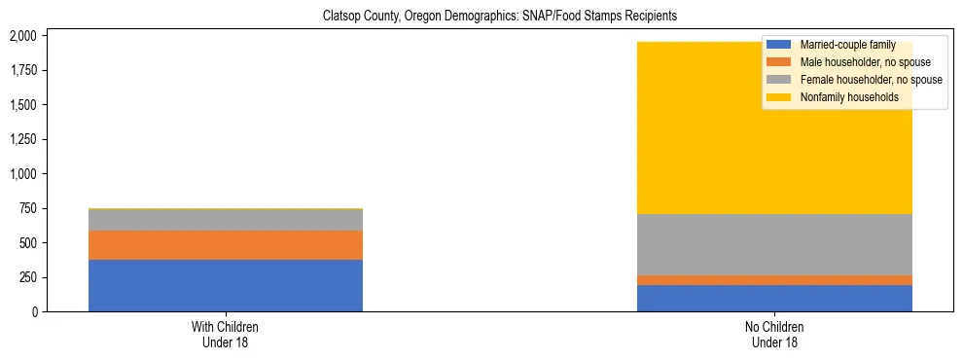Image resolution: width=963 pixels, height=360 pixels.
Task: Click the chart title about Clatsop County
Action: (x=481, y=16)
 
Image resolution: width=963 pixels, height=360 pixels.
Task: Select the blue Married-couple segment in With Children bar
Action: (x=226, y=285)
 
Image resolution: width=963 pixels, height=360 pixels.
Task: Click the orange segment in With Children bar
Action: (x=226, y=245)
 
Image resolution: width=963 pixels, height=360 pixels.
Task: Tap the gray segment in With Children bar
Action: (x=226, y=220)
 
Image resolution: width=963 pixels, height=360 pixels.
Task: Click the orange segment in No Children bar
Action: (x=774, y=280)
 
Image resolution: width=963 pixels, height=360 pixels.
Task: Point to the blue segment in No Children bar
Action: (x=774, y=299)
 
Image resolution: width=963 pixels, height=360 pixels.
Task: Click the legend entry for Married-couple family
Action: (x=842, y=45)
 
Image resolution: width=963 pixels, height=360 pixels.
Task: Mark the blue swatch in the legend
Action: (x=779, y=45)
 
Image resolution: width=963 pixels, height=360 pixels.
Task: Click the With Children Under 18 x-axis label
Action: (x=226, y=335)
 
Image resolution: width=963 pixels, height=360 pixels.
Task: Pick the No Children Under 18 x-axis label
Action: (x=774, y=335)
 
